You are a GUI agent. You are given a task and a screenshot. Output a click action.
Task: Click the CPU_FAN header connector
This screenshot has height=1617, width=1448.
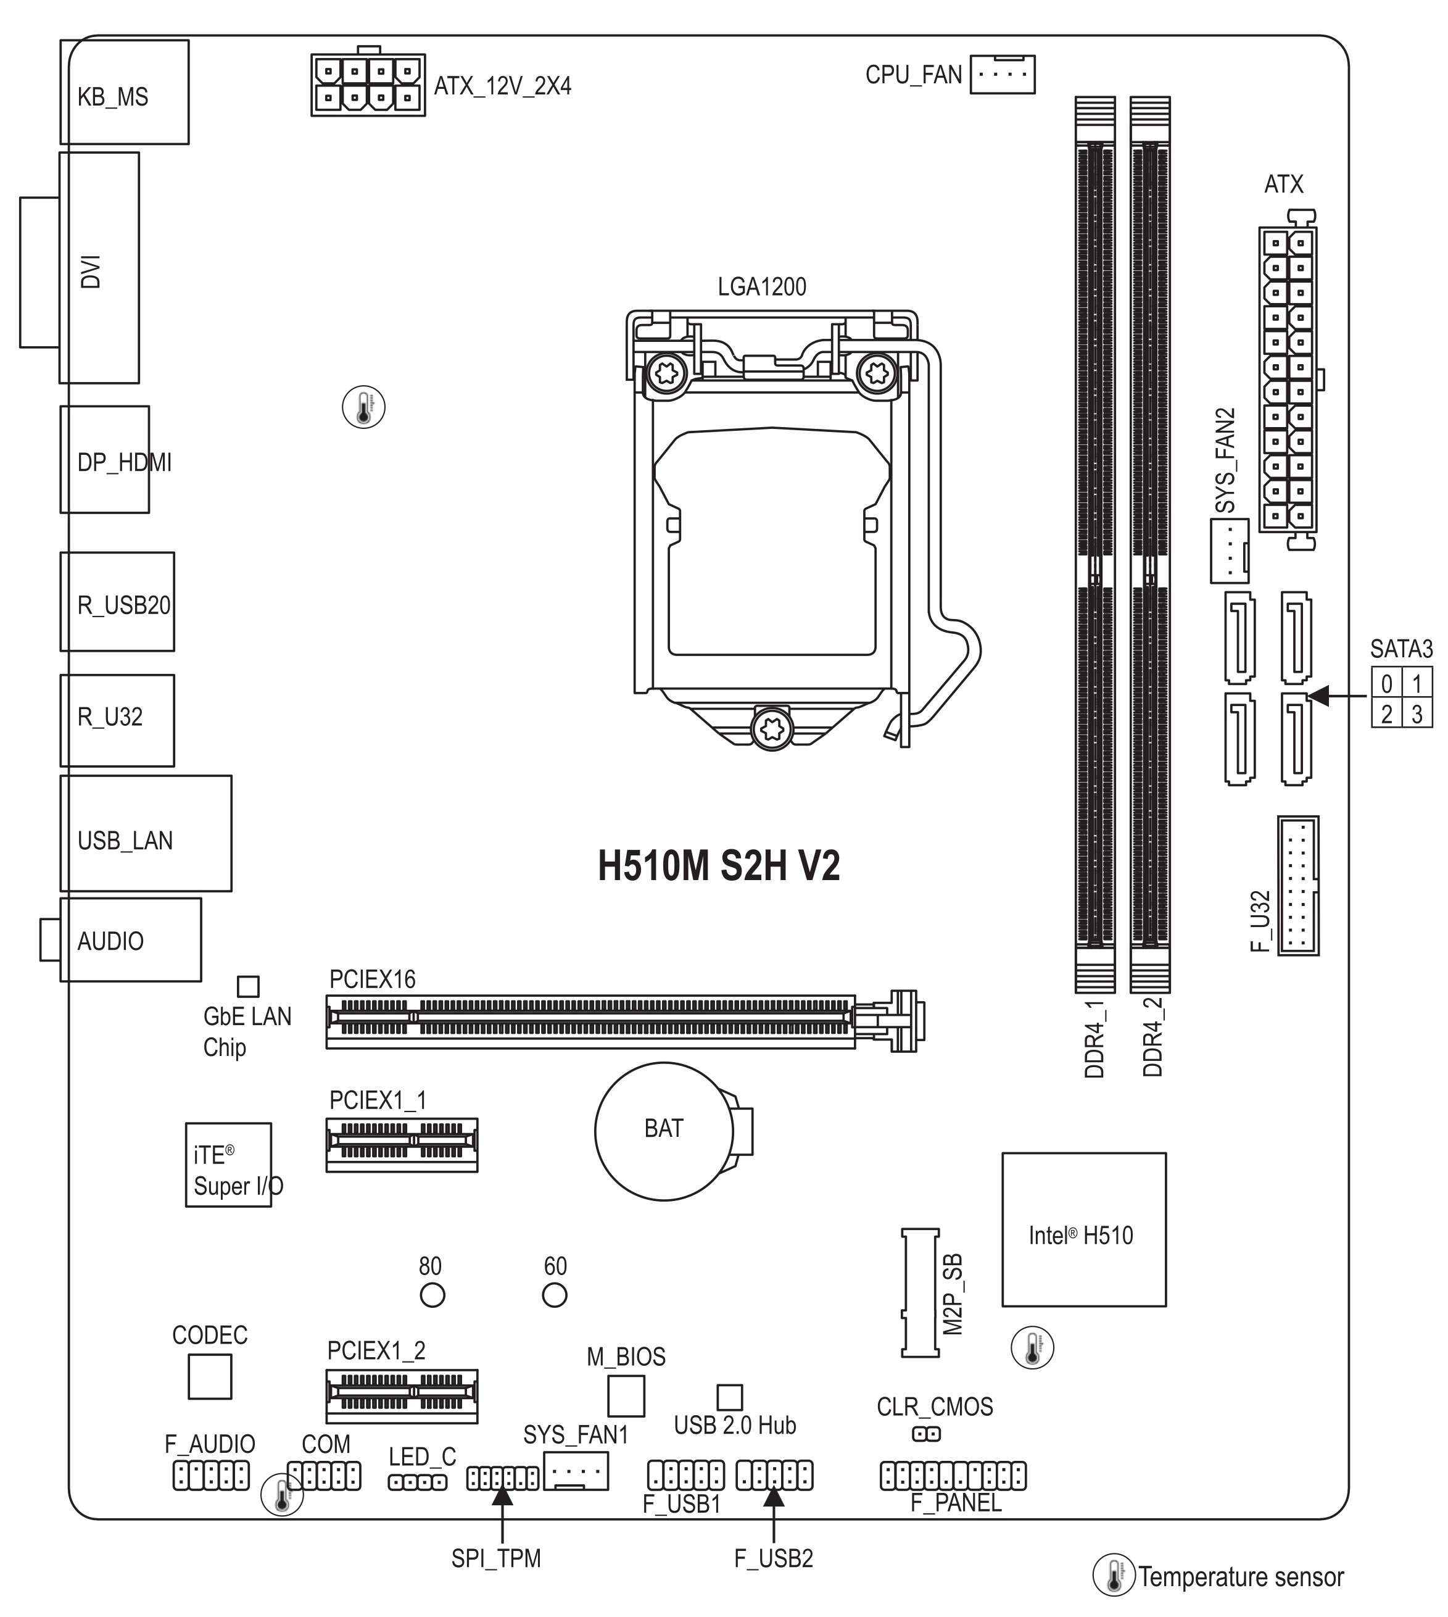click(1003, 74)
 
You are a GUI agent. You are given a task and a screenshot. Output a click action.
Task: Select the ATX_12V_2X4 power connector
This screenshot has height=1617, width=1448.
click(368, 85)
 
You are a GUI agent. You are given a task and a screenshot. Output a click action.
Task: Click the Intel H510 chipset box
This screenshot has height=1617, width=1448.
click(1083, 1229)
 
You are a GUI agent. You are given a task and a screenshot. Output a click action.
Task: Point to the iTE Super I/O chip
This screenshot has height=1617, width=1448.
click(228, 1165)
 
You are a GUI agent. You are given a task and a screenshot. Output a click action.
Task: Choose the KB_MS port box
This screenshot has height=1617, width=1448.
click(124, 91)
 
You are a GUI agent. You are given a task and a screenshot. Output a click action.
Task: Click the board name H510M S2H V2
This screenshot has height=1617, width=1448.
click(718, 866)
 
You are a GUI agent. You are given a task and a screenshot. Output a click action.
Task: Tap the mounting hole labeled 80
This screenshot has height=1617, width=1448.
click(432, 1295)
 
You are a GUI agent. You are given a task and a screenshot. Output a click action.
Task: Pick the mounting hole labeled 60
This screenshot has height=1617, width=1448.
click(555, 1295)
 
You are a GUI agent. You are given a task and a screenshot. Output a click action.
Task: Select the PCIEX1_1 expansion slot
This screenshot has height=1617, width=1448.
click(402, 1144)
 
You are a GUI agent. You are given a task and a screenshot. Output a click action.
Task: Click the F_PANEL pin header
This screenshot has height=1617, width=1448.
click(953, 1475)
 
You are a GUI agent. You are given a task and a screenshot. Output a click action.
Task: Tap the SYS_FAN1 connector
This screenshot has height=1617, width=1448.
click(576, 1471)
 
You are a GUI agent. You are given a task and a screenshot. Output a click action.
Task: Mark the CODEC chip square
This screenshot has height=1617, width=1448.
click(210, 1377)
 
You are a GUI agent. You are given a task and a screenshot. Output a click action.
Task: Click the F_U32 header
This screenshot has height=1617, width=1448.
click(1297, 885)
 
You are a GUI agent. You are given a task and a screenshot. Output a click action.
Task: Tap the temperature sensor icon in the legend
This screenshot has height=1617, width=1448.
click(1113, 1575)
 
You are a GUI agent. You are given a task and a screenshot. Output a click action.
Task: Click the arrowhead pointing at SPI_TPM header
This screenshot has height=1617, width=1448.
click(502, 1496)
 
